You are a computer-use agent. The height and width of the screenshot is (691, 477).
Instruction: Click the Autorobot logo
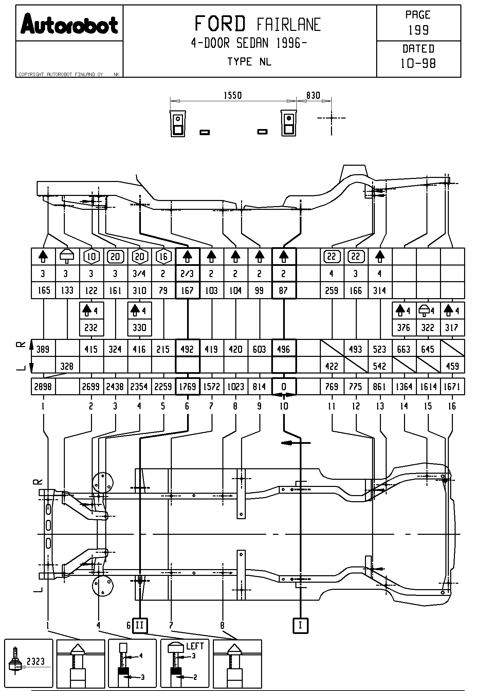click(x=69, y=24)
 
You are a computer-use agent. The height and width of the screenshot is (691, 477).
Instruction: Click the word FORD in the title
click(x=220, y=24)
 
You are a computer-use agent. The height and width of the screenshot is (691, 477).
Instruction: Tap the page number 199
click(x=418, y=30)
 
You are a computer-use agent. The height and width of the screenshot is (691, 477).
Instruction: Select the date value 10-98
click(x=418, y=63)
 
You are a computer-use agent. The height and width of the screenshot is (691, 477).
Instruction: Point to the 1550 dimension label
click(x=233, y=95)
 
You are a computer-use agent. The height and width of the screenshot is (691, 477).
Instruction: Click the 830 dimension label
click(x=313, y=95)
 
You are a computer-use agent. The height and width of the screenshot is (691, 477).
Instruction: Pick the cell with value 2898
click(x=43, y=386)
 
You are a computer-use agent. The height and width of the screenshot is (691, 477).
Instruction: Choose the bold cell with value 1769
click(x=187, y=386)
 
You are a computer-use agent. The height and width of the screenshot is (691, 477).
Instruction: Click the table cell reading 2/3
click(x=187, y=274)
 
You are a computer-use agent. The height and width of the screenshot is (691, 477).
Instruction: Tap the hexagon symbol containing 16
click(x=163, y=257)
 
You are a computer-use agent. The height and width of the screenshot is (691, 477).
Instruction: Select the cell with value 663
click(x=404, y=349)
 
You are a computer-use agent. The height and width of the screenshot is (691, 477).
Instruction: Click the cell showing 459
click(x=452, y=366)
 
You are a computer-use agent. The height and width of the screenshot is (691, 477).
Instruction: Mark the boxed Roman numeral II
click(x=140, y=625)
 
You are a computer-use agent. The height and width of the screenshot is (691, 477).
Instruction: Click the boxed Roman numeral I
click(x=300, y=625)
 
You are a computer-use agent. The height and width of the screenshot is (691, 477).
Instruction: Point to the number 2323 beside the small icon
click(x=36, y=661)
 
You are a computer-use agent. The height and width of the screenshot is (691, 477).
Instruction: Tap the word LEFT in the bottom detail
click(x=195, y=646)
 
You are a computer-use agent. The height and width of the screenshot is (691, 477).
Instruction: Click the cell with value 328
click(x=67, y=366)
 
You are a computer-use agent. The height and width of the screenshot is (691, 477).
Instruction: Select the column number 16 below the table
click(x=452, y=406)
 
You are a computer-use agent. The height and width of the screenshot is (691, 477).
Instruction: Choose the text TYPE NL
click(x=250, y=62)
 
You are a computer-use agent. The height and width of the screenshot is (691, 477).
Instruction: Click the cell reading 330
click(x=140, y=328)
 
